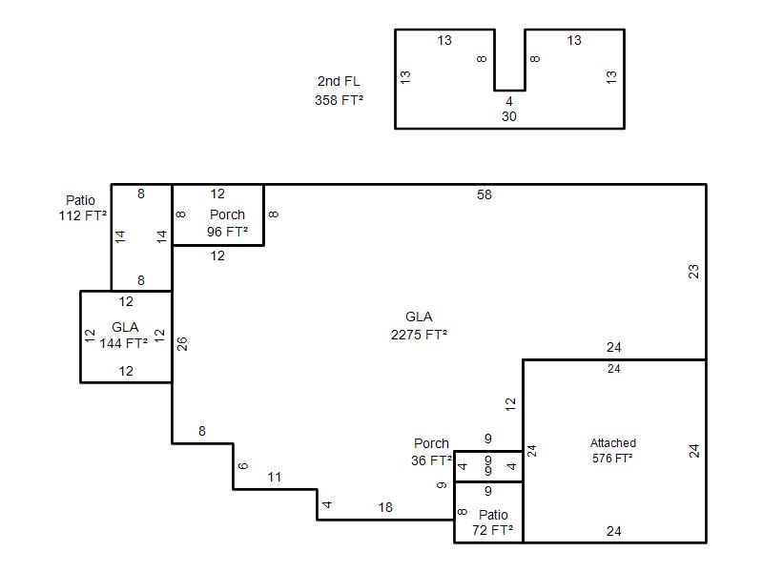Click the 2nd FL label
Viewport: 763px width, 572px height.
[x=339, y=81]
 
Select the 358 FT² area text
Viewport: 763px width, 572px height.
[x=339, y=100]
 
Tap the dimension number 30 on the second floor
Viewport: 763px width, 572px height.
[x=509, y=116]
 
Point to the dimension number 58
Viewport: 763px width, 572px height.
[x=485, y=195]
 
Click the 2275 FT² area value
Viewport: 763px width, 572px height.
[x=419, y=336]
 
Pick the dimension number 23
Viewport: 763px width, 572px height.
[x=693, y=272]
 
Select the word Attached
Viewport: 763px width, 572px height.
[x=613, y=443]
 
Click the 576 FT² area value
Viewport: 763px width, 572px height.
[x=612, y=459]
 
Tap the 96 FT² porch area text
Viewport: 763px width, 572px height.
[x=227, y=232]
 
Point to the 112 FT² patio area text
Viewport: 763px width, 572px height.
[x=83, y=215]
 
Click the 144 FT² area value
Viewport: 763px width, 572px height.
[x=124, y=343]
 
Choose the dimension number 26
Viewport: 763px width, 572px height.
[x=181, y=344]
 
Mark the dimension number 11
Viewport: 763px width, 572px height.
[x=275, y=478]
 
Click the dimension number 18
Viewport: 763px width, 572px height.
[x=385, y=508]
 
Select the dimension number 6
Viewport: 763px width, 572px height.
[x=243, y=466]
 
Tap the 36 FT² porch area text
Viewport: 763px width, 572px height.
[x=432, y=460]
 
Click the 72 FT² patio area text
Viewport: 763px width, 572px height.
[x=492, y=530]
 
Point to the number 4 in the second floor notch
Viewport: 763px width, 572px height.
[x=509, y=102]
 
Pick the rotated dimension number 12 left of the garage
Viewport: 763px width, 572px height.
[x=510, y=404]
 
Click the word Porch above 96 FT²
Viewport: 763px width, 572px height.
[x=227, y=214]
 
